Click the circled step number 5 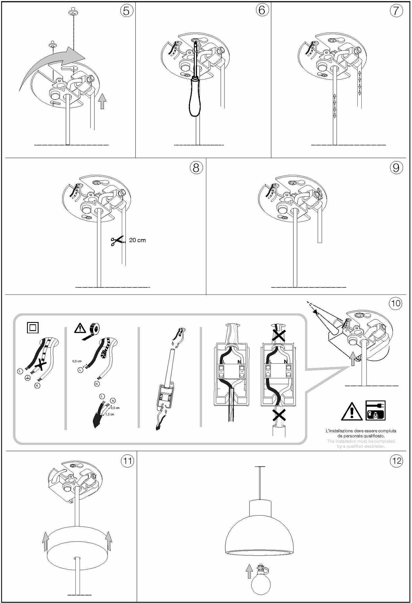127,11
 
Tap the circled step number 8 196,168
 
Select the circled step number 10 396,303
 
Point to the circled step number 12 396,461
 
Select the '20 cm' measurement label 137,240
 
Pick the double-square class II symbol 33,327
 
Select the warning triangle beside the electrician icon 351,412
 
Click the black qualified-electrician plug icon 376,410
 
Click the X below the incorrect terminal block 279,415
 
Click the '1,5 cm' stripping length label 110,415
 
